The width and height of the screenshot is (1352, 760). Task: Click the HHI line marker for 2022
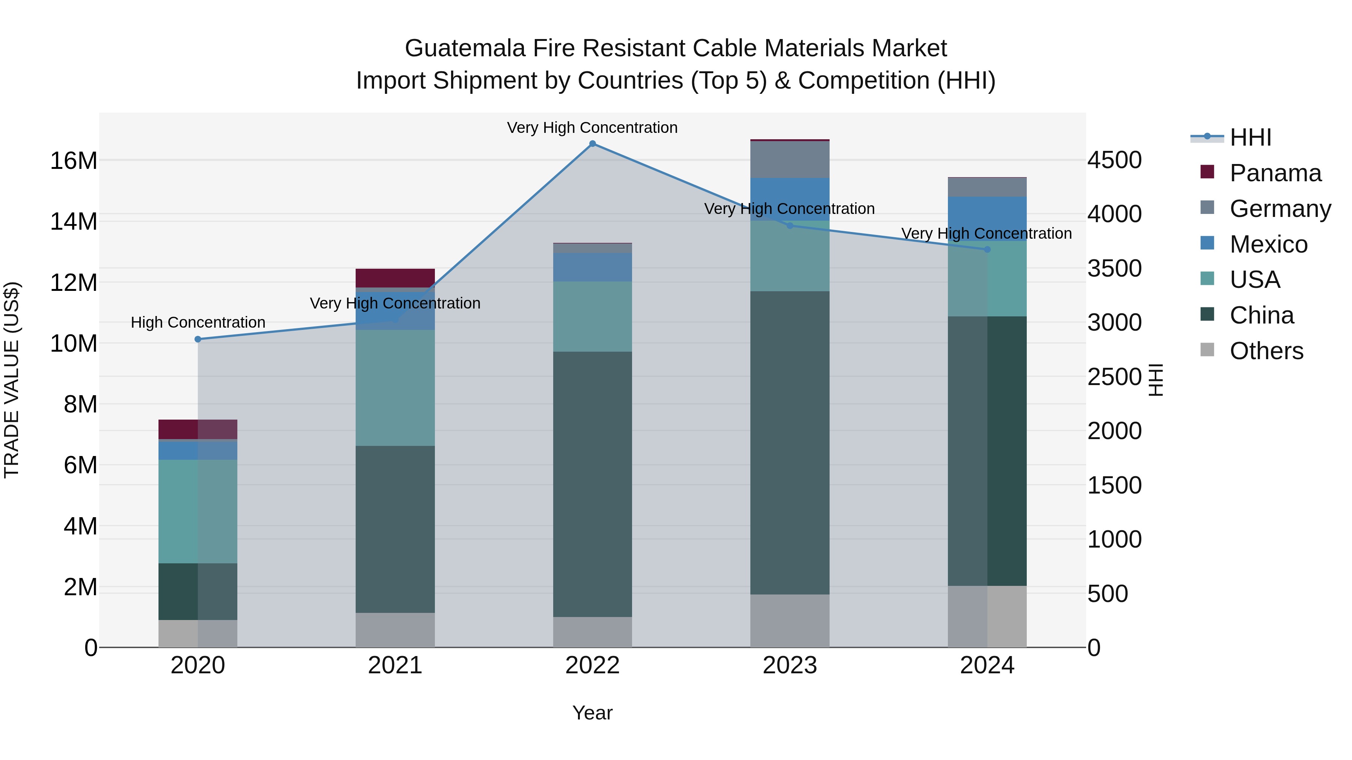click(593, 144)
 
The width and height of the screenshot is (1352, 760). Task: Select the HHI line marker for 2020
click(198, 339)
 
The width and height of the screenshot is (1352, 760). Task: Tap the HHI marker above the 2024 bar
click(987, 250)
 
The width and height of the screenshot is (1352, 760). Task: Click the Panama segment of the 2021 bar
click(395, 278)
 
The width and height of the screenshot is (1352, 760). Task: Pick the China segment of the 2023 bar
click(790, 443)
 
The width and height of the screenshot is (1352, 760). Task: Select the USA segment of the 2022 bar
click(593, 316)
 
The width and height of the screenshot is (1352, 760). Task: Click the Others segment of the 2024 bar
click(987, 616)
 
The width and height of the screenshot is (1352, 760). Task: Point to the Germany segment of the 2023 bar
click(790, 160)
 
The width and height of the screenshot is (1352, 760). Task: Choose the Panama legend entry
click(1275, 173)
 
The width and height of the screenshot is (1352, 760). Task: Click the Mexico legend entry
click(1269, 244)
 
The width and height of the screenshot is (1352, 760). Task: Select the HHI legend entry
click(1250, 137)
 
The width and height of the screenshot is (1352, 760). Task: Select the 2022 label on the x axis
click(593, 665)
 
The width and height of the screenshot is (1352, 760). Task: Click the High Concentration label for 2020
click(198, 322)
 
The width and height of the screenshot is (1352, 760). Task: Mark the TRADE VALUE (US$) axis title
click(12, 380)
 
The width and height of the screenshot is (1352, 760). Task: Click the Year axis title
click(593, 713)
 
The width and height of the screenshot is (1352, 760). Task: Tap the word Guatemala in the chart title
click(465, 48)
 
